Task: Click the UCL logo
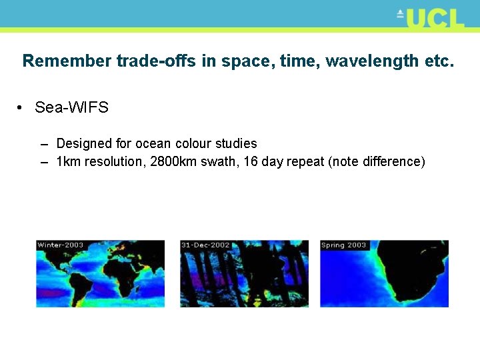431,18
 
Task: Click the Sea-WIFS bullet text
71,107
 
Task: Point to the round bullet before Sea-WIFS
22,108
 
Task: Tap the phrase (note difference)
377,162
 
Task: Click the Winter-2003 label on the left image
61,245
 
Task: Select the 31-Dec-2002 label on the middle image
205,245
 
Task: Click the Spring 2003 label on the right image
344,245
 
